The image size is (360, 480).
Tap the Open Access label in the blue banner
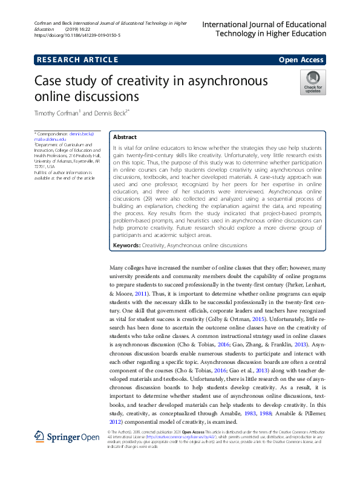[x=301, y=59]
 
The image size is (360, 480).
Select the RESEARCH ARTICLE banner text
[x=77, y=59]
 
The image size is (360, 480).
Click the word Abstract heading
[x=125, y=137]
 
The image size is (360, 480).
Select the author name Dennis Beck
[x=108, y=113]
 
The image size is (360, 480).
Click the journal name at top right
[x=264, y=29]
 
